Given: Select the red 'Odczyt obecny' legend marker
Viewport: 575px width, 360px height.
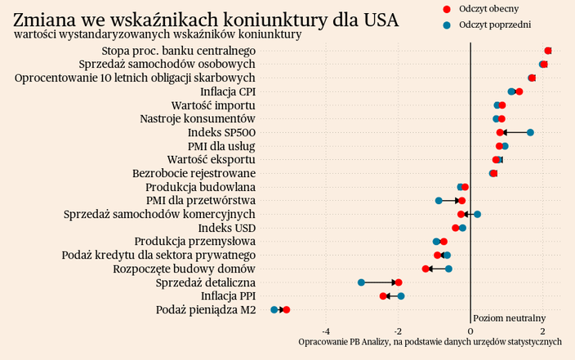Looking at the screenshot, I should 446,9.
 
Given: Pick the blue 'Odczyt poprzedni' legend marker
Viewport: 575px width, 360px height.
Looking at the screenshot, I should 446,25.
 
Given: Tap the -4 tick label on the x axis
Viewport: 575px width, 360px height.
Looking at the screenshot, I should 326,331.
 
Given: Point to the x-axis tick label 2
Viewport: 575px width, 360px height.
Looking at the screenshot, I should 543,331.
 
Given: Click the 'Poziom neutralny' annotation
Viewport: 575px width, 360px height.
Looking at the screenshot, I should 509,318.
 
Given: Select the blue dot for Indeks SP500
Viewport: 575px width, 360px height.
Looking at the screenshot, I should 530,132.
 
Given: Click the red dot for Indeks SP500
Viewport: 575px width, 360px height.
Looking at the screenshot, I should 500,132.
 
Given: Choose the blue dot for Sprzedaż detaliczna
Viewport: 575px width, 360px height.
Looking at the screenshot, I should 361,282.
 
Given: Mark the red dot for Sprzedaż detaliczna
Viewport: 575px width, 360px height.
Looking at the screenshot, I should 399,282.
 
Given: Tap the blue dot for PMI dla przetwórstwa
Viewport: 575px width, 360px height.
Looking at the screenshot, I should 439,200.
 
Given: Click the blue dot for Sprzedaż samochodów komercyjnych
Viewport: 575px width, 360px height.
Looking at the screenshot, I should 477,215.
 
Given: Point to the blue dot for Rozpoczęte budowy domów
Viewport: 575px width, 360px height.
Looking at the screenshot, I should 448,269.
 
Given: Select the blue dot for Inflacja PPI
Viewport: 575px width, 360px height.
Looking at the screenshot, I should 401,296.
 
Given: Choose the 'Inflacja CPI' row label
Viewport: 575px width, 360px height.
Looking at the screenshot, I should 228,91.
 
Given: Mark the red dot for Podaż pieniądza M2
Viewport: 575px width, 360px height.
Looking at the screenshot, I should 286,310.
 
